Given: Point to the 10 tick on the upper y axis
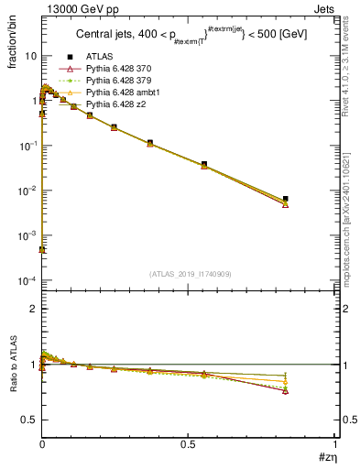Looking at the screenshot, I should (x=30, y=56).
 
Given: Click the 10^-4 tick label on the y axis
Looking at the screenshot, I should (x=27, y=280).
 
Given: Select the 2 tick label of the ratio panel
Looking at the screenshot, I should (x=33, y=310).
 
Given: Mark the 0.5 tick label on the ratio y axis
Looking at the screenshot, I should (x=29, y=420).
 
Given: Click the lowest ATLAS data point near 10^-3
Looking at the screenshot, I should (x=42, y=249).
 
